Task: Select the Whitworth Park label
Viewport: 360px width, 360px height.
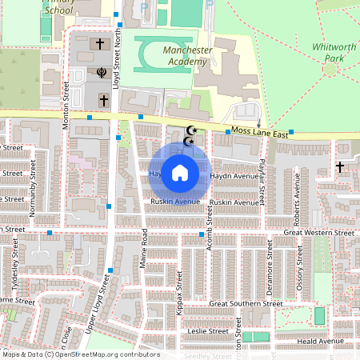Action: click(x=334, y=53)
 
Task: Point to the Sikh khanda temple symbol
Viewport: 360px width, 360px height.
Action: click(x=102, y=73)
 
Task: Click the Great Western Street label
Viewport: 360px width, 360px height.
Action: click(x=319, y=233)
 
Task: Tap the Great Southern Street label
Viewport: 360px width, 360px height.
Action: click(x=246, y=304)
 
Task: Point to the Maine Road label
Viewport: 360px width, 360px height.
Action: click(x=145, y=248)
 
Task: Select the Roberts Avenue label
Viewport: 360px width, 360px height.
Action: click(x=295, y=206)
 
